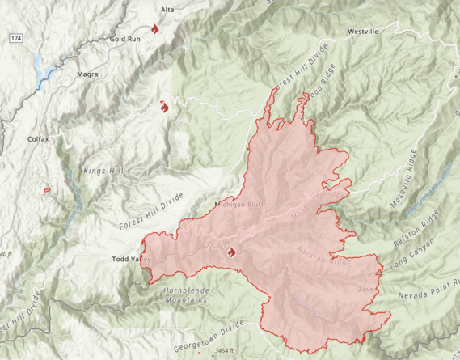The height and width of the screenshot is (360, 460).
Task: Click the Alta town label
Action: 167,9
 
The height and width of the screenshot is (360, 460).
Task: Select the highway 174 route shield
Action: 15,39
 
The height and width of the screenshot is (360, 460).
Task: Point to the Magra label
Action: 88,74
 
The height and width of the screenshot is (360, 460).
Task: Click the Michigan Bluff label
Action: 240,205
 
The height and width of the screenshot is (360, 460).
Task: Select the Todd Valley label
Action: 130,260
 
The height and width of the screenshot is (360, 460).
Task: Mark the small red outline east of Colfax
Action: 47,188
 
